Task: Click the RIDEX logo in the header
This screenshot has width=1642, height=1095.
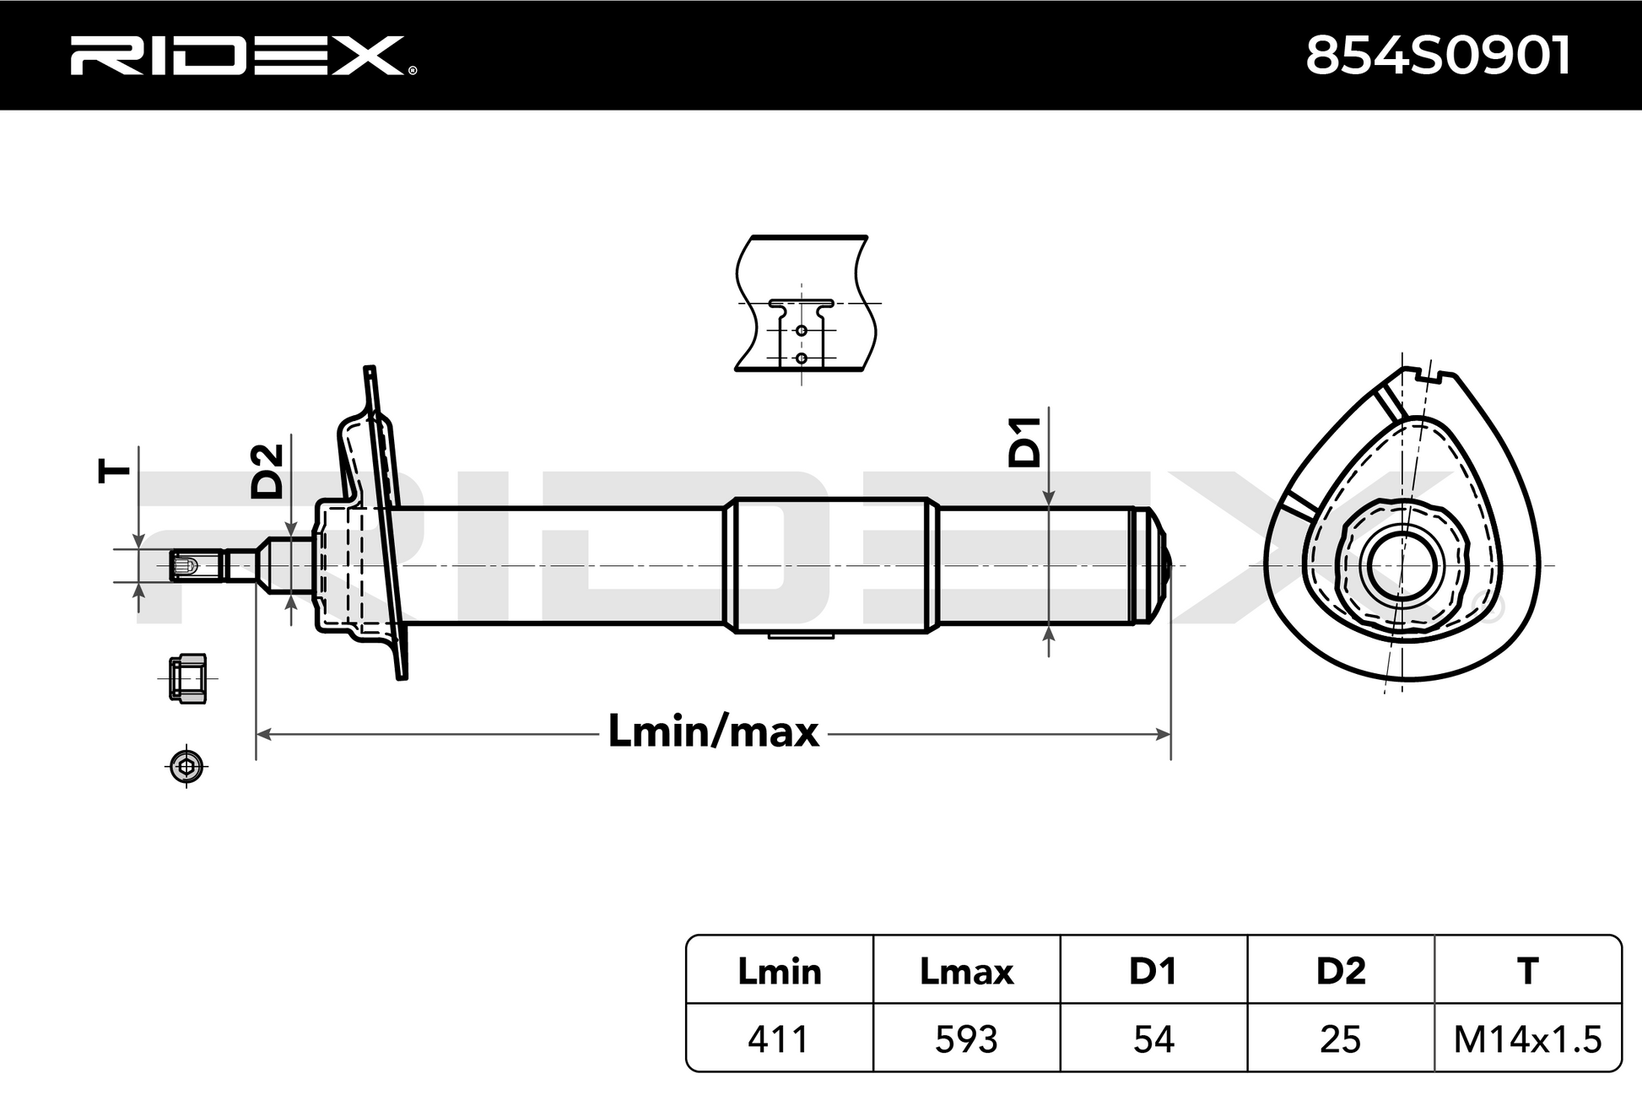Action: click(243, 55)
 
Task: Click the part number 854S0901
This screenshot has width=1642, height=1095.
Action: click(1438, 57)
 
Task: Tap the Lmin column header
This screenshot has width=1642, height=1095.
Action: click(779, 971)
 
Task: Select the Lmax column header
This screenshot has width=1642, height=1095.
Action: click(966, 971)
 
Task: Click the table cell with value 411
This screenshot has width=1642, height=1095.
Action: click(779, 1039)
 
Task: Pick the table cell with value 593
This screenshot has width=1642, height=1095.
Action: click(966, 1039)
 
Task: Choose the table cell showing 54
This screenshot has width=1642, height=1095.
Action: click(1153, 1039)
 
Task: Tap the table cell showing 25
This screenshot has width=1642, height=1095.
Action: click(1341, 1039)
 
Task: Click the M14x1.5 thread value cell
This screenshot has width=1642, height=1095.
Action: click(1528, 1039)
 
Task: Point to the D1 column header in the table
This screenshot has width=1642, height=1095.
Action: click(1153, 971)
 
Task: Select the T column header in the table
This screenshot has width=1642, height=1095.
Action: click(1528, 971)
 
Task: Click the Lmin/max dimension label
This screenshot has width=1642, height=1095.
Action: click(713, 731)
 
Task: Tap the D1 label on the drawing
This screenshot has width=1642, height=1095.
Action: click(1025, 441)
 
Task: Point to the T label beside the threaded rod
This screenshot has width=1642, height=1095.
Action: click(115, 471)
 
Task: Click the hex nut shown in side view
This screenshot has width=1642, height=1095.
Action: click(187, 677)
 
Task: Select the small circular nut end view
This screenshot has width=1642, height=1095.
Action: click(186, 767)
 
